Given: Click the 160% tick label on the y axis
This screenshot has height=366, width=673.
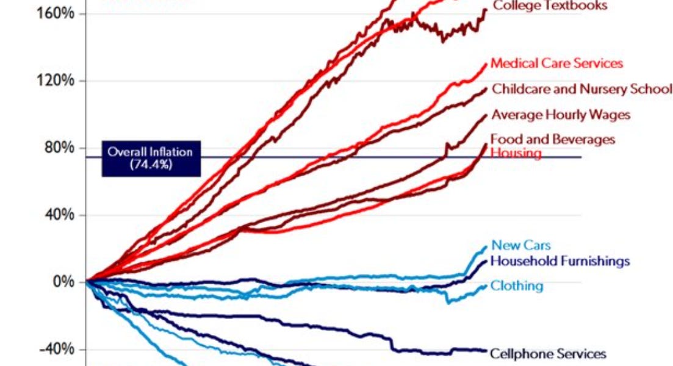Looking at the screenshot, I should [x=53, y=13].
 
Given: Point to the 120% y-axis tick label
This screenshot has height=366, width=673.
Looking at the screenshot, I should [x=53, y=81].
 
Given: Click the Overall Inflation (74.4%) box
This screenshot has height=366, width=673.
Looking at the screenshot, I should [x=149, y=158].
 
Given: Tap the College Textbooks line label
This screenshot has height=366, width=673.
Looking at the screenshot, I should [x=550, y=6].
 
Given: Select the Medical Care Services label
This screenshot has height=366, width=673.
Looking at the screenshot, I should [x=556, y=63].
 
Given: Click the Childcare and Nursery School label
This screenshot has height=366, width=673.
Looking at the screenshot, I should [x=581, y=89].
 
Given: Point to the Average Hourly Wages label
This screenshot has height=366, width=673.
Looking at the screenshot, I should [x=561, y=115].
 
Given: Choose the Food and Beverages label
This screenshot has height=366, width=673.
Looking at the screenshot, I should [x=553, y=140].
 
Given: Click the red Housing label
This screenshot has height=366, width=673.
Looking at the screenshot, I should [x=516, y=152].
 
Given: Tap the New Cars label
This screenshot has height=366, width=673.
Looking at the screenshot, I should [x=521, y=245].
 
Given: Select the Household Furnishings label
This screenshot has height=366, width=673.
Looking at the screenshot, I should [x=560, y=261].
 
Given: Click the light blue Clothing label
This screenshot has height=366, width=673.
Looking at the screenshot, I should [x=517, y=285].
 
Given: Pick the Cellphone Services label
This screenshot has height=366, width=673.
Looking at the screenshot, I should [x=548, y=354].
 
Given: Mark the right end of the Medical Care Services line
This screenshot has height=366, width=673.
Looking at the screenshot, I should [x=487, y=63].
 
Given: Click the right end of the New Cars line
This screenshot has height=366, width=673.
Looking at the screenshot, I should [x=486, y=246].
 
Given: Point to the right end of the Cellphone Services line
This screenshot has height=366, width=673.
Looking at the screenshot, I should [x=486, y=350].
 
